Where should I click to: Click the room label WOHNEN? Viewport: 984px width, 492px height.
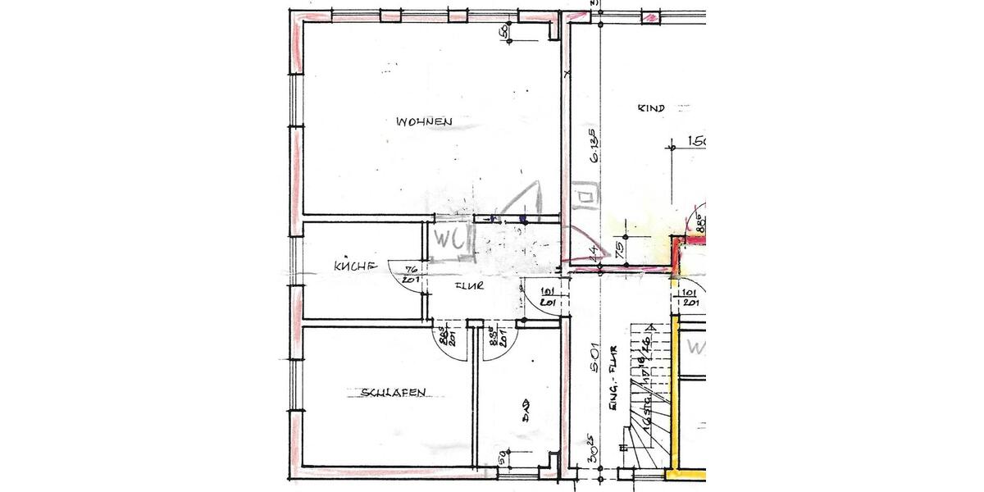point(425,122)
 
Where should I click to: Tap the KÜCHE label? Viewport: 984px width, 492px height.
point(355,266)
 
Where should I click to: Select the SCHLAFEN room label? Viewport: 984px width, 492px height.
point(394,393)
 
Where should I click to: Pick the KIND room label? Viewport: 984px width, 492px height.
point(650,107)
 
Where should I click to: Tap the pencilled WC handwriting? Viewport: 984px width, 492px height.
point(450,240)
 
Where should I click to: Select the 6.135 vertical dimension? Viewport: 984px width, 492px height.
point(592,150)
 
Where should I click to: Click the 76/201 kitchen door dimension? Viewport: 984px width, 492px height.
point(412,274)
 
